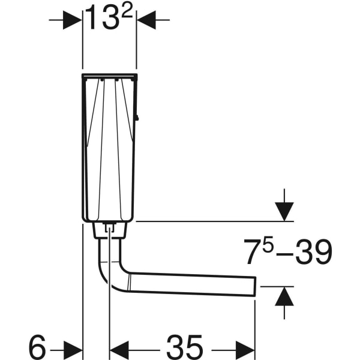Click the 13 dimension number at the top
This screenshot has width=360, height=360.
(101, 19)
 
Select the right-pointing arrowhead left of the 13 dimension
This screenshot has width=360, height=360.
(73, 20)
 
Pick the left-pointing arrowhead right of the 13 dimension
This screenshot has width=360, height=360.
(145, 20)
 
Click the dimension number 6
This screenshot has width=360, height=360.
(37, 347)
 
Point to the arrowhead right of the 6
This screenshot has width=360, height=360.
(73, 347)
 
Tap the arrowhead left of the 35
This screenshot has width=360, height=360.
(118, 347)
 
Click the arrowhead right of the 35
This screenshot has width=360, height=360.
(247, 347)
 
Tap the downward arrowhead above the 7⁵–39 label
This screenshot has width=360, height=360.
(284, 211)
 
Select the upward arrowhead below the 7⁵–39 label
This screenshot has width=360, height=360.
(284, 296)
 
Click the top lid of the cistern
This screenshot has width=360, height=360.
(110, 76)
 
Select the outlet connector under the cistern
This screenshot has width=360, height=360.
(110, 229)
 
